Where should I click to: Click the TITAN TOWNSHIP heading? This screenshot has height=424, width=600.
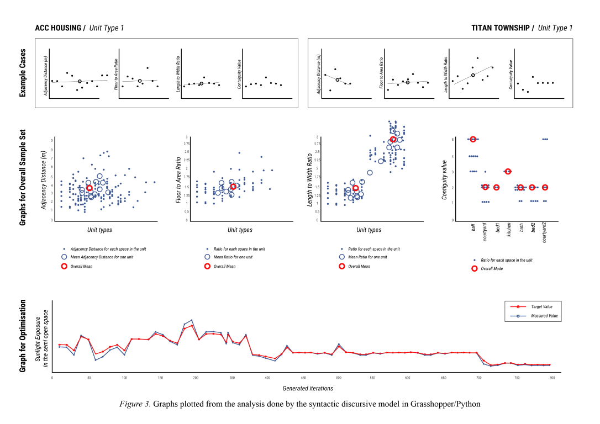pos(501,28)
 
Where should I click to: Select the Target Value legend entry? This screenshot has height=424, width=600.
pos(541,306)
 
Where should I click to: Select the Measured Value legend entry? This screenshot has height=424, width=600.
pos(544,316)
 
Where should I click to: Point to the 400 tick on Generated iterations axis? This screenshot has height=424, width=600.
pos(267,378)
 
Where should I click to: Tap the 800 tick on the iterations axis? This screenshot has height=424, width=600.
pos(552,378)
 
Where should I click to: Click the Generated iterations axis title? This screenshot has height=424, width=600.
pos(308,388)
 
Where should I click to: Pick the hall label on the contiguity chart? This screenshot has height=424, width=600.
pos(473,227)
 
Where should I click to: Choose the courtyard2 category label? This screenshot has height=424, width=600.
pos(545,232)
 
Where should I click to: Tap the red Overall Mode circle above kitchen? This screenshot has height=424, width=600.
pos(508,172)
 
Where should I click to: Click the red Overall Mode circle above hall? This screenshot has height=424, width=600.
pos(473,140)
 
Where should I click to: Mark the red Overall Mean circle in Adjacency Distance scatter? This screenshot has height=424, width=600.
pos(90,188)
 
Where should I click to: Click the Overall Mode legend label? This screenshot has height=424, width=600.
pos(492,269)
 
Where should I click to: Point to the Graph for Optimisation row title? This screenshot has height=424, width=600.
pos(23,336)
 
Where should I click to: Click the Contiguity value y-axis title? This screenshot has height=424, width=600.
pos(445,179)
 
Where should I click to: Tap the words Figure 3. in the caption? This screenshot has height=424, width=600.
pos(135,404)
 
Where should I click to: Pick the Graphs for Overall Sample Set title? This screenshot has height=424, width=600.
pos(23,178)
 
